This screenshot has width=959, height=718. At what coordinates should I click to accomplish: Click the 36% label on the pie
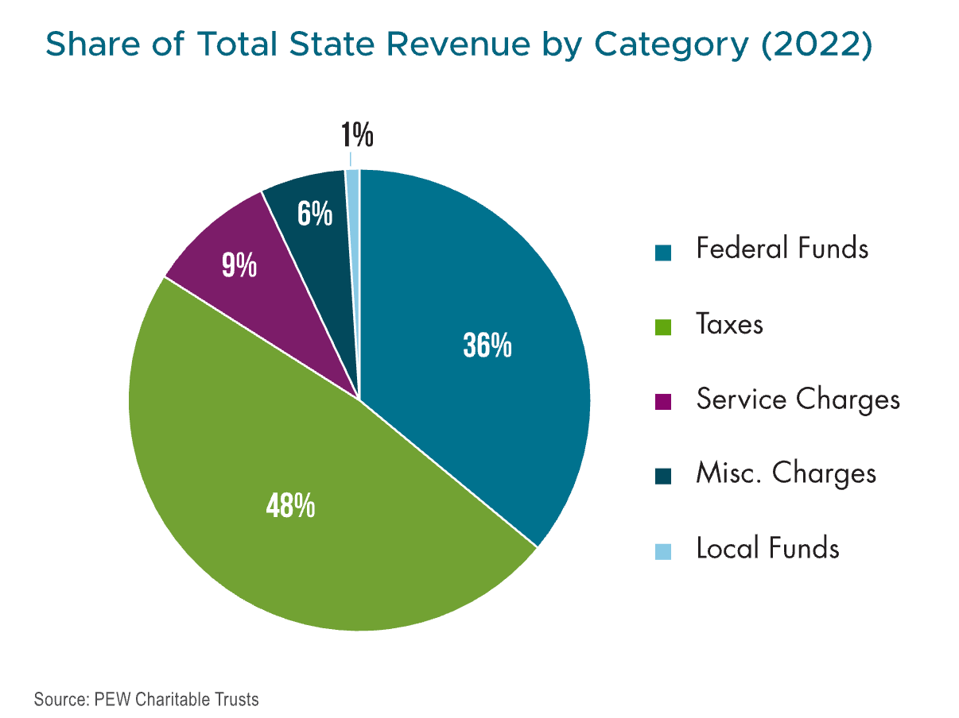pos(487,347)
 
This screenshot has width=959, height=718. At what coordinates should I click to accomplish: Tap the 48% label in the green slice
pos(290,506)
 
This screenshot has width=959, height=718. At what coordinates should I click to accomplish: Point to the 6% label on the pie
pos(315,214)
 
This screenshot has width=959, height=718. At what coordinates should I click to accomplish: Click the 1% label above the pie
pos(357,137)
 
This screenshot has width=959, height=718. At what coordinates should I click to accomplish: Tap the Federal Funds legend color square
pos(663,253)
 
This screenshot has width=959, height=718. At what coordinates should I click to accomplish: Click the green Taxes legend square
pos(663,326)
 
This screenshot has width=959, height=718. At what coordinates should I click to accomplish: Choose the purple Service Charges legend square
pos(663,402)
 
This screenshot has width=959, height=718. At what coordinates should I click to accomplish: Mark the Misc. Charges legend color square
pos(663,477)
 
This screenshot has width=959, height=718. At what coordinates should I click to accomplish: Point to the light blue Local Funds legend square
pos(663,550)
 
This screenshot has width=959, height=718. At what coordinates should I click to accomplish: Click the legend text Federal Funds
pos(782,249)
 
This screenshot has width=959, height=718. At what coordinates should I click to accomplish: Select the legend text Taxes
pos(729,324)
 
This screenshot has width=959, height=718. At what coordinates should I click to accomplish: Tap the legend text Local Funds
pos(767,548)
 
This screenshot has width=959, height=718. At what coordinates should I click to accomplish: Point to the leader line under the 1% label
pos(351,160)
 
